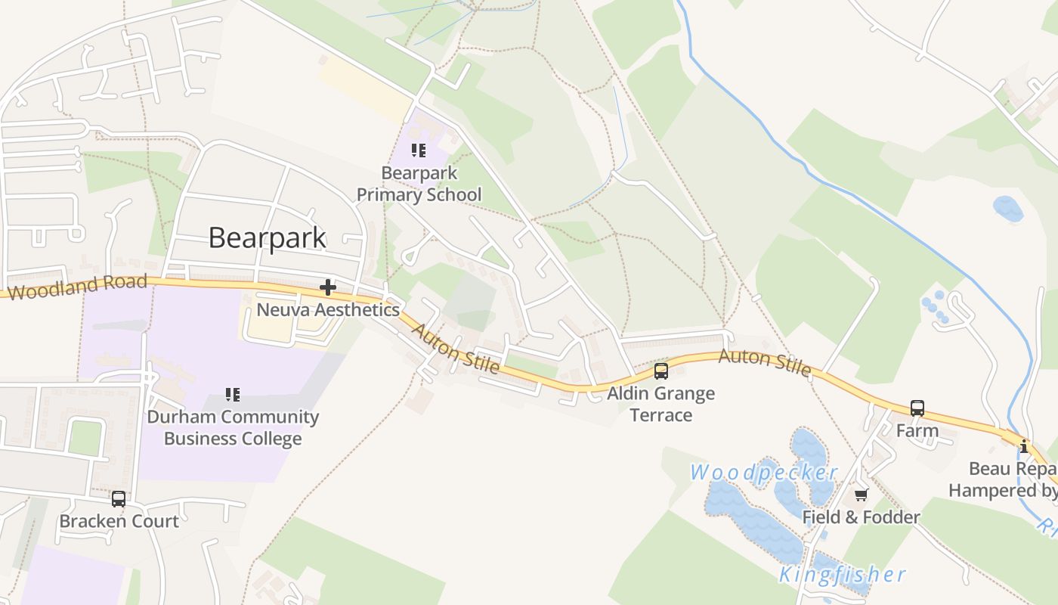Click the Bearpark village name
click(267, 237)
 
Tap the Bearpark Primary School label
click(419, 184)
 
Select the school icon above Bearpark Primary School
click(419, 150)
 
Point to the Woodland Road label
click(78, 287)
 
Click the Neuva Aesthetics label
click(328, 309)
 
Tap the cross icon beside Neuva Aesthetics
click(328, 287)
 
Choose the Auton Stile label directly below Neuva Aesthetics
click(455, 348)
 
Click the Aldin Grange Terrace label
click(661, 404)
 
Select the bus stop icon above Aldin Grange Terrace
click(661, 371)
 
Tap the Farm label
click(917, 431)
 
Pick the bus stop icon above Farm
click(917, 408)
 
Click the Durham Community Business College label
click(233, 427)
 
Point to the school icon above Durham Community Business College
click(233, 395)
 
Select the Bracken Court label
click(119, 521)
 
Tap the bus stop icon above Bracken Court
click(119, 499)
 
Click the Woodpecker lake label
click(764, 473)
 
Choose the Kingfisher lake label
click(842, 575)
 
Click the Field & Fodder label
click(861, 517)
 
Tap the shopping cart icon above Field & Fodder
click(861, 495)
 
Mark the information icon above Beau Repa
click(1024, 446)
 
